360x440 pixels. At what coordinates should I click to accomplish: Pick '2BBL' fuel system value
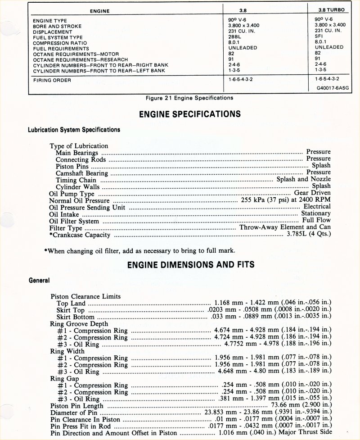click(235, 37)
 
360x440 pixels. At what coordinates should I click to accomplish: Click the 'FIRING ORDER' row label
click(52, 80)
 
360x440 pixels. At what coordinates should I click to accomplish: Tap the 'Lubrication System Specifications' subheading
click(74, 130)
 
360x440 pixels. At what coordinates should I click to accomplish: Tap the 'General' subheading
click(39, 280)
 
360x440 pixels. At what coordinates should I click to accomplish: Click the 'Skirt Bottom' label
click(75, 317)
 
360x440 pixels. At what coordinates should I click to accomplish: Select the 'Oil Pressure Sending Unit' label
click(87, 207)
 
